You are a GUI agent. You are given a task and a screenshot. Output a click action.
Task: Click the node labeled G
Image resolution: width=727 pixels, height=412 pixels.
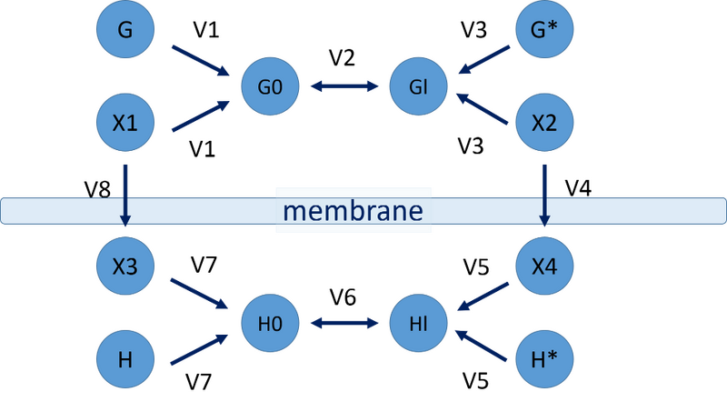click(x=125, y=30)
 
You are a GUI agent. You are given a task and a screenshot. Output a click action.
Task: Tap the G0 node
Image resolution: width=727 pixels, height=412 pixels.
click(x=269, y=87)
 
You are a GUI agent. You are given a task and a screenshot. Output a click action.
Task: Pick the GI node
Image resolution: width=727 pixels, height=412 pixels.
click(x=418, y=87)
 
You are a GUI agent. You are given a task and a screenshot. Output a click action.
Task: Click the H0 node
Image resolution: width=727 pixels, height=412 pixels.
click(x=269, y=322)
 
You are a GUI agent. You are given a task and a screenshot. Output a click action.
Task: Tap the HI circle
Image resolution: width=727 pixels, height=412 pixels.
click(x=418, y=322)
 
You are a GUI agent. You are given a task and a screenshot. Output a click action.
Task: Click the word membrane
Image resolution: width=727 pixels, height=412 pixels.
click(x=352, y=212)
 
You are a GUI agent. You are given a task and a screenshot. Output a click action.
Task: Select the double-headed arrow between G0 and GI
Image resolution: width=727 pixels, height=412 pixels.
click(x=344, y=87)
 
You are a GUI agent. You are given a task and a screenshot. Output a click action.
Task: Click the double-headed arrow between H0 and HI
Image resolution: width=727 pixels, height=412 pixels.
click(x=344, y=322)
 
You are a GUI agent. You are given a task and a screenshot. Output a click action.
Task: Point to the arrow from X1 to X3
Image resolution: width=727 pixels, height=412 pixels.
click(x=125, y=193)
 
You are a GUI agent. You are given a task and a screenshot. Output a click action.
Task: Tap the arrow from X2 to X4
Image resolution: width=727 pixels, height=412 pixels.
click(x=544, y=193)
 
